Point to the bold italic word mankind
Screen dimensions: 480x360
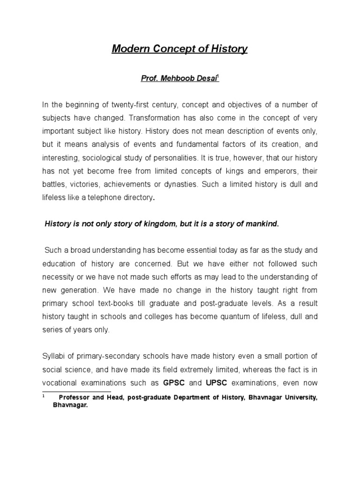(x=261, y=224)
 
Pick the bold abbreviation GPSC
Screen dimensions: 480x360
(x=174, y=382)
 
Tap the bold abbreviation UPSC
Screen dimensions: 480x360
(x=218, y=382)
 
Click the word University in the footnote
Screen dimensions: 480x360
(x=298, y=397)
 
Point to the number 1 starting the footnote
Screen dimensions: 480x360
(x=43, y=397)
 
